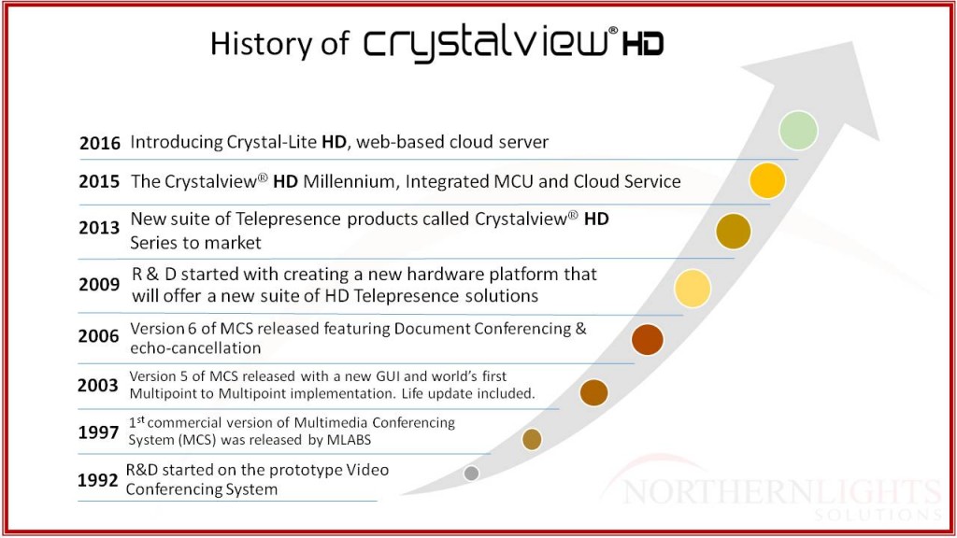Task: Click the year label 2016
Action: pyautogui.click(x=100, y=143)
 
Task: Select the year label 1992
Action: pyautogui.click(x=97, y=480)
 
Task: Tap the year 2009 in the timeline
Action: pyautogui.click(x=99, y=284)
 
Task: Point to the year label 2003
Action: pyautogui.click(x=97, y=385)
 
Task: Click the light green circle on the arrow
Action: pyautogui.click(x=798, y=131)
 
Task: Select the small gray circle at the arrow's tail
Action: pyautogui.click(x=471, y=473)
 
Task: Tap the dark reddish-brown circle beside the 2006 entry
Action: pyautogui.click(x=648, y=340)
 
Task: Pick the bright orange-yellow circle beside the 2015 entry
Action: pyautogui.click(x=767, y=180)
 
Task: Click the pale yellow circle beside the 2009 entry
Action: pyautogui.click(x=693, y=289)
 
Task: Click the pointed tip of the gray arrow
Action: pyautogui.click(x=852, y=42)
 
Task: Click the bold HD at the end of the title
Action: pyautogui.click(x=643, y=45)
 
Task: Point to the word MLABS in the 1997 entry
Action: pyautogui.click(x=349, y=440)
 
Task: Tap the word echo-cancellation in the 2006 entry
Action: pyautogui.click(x=195, y=348)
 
